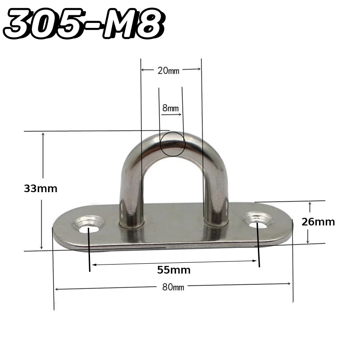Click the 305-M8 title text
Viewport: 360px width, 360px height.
(x=84, y=23)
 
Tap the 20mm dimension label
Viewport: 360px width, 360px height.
(x=168, y=71)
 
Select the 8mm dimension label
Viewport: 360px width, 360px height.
(x=171, y=108)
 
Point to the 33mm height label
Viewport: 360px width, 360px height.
(x=40, y=189)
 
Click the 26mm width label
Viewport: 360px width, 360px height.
(x=318, y=222)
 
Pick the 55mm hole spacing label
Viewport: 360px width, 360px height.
(x=174, y=270)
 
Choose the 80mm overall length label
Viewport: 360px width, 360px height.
(x=173, y=287)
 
